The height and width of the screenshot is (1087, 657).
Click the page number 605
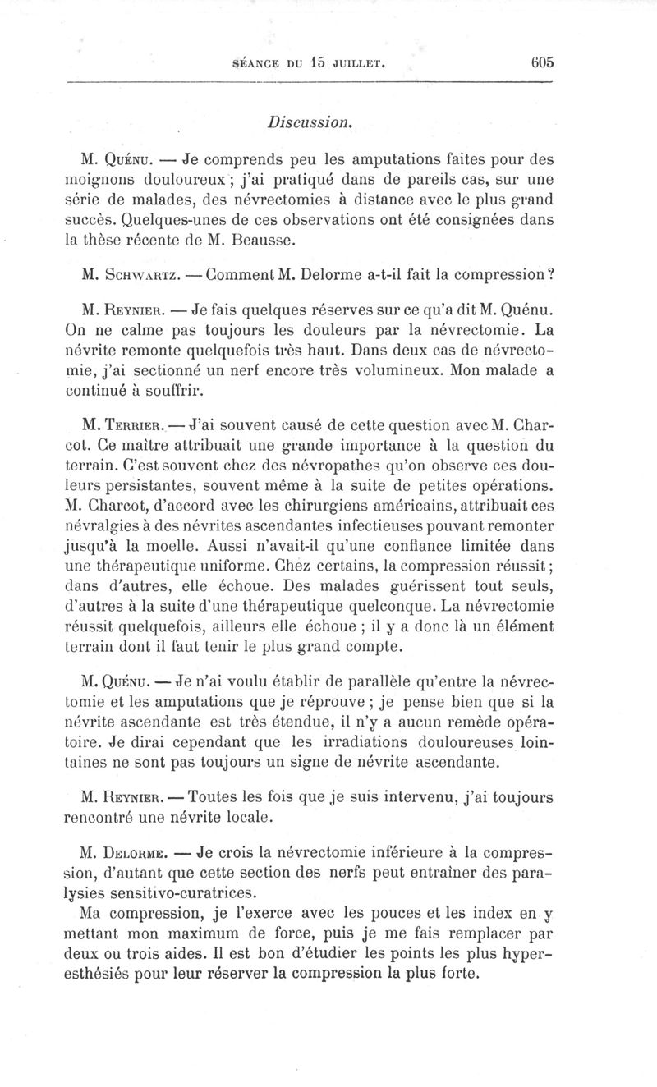(x=543, y=62)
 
